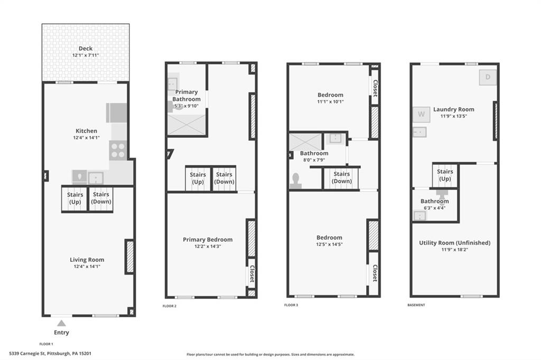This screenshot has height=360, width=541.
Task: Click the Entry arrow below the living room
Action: pos(61,323)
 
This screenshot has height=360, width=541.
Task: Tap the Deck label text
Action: pos(86,49)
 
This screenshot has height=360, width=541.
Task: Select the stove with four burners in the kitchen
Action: pos(118,150)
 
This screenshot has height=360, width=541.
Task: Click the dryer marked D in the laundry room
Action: pos(488,78)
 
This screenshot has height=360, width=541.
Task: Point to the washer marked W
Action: pos(421,114)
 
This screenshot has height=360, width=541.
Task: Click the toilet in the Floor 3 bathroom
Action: pos(295,181)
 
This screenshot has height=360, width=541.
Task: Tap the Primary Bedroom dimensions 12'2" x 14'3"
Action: pos(207,247)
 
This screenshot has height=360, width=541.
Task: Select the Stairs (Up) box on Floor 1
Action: pos(74,198)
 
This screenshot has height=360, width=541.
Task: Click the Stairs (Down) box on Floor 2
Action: pos(223,178)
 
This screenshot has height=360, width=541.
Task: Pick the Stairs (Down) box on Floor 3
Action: pos(341,178)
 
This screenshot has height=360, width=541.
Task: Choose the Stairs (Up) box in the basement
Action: pos(445,175)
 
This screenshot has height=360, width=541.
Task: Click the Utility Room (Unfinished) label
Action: pos(454,243)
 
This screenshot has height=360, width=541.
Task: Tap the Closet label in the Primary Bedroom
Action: pos(252,274)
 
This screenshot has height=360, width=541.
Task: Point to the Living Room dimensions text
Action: pos(87,267)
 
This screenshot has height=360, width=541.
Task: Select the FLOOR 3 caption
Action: pos(292,305)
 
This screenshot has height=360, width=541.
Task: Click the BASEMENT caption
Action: pos(416,305)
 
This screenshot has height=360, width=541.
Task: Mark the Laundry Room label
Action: pos(453,109)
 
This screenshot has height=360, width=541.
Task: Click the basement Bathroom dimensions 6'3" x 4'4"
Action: pos(435,207)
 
